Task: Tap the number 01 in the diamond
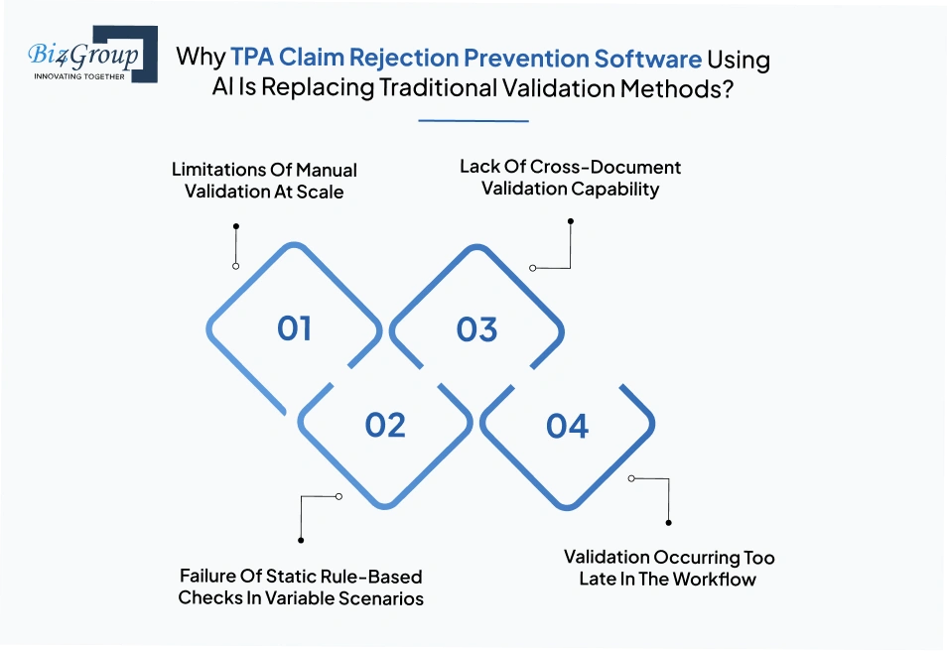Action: [x=295, y=328]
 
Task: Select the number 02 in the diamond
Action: [x=385, y=425]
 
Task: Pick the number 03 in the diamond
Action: [x=476, y=329]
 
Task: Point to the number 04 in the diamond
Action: [x=568, y=426]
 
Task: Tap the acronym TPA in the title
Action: [x=256, y=59]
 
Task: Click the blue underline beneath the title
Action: [x=473, y=121]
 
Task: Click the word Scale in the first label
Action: [x=320, y=192]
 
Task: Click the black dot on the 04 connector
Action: [x=668, y=522]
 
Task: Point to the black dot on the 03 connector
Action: [x=570, y=222]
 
